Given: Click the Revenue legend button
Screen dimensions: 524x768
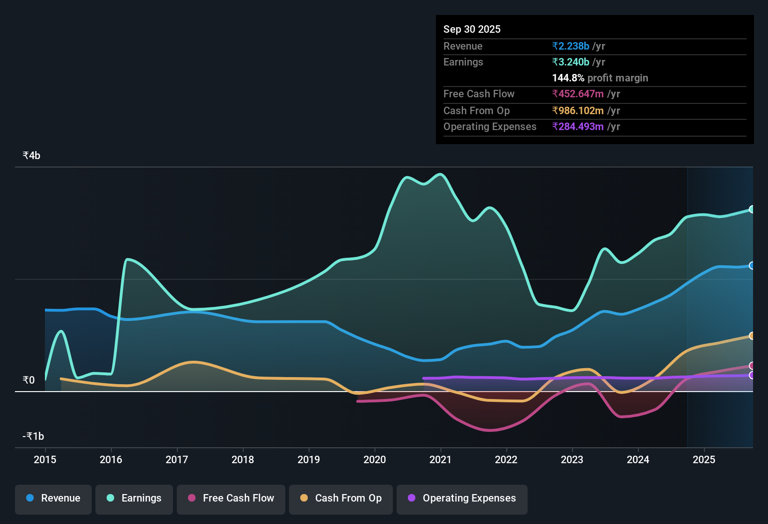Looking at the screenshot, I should coord(53,498).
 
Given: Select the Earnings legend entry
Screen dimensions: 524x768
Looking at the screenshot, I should coord(134,498).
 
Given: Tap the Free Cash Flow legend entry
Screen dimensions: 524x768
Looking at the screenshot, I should coord(231,498).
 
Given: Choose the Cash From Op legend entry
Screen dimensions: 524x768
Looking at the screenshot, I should coord(341,498).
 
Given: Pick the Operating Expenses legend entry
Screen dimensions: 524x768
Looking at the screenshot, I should coord(462,498).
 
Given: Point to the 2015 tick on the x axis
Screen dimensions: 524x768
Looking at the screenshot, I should coord(45,459).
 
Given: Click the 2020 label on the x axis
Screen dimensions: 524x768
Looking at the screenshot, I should coord(375,459).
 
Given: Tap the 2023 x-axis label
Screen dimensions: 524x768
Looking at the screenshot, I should coord(572,459).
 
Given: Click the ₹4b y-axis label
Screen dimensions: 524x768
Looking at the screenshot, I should coord(31,156).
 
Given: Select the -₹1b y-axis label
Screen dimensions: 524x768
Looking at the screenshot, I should coord(33,436).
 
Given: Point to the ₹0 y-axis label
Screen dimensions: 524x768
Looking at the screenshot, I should coord(29,380).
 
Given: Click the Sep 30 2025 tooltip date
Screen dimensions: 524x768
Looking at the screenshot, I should coord(471,29).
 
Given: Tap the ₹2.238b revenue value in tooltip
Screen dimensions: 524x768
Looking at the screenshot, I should coord(571,46).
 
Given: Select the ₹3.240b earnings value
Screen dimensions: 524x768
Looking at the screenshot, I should coord(571,62).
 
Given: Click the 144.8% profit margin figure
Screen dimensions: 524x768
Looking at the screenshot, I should coord(568,78).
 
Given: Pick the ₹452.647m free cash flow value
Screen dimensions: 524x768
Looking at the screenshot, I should coord(578,94).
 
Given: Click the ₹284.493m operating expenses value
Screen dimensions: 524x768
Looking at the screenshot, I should coord(578,127).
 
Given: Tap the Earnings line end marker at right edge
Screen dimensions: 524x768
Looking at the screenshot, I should coord(752,209).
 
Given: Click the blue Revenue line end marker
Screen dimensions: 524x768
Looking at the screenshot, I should coord(752,266).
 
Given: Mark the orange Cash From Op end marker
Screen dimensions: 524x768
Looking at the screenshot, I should coord(752,336).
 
